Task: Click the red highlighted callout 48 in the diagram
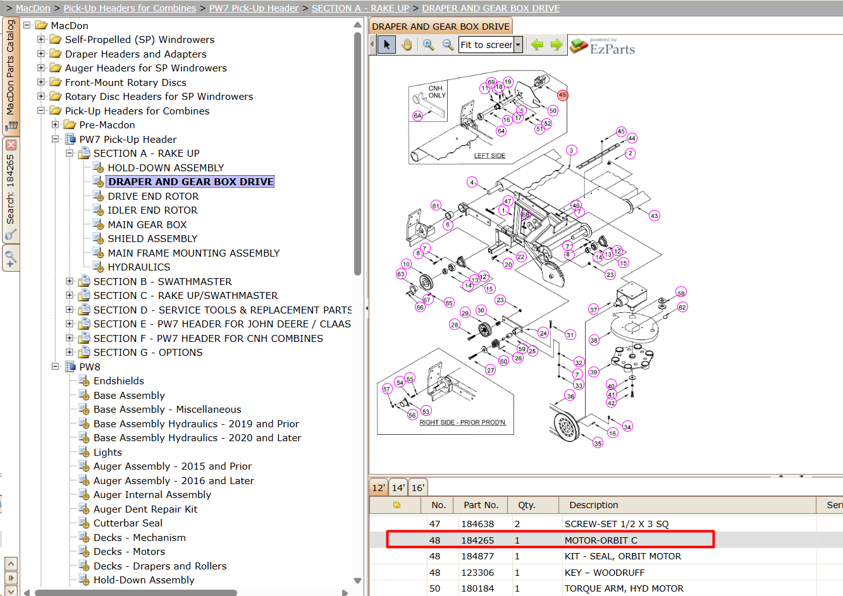point(562,95)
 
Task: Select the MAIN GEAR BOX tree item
point(147,224)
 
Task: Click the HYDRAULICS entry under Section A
point(139,267)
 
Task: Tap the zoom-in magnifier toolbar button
point(428,45)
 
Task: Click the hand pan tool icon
point(407,45)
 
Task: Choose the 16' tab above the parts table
point(418,488)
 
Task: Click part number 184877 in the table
point(477,556)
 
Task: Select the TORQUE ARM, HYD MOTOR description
point(624,588)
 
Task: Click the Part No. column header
point(481,505)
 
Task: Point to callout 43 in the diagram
point(655,216)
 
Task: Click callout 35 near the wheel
point(598,443)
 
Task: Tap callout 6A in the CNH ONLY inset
point(418,116)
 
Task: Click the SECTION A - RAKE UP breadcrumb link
point(360,8)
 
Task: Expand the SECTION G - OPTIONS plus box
point(69,352)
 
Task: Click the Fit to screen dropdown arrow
point(518,45)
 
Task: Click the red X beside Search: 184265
point(11,145)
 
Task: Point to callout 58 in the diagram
point(681,293)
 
